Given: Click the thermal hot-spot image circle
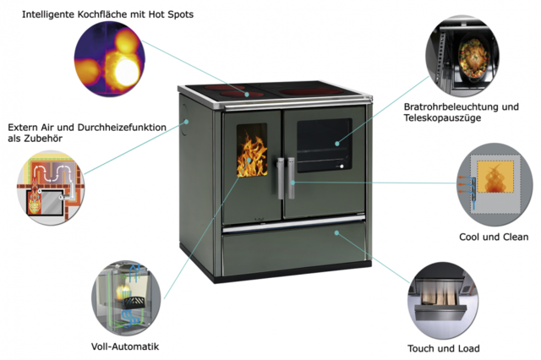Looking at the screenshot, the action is click(x=109, y=58).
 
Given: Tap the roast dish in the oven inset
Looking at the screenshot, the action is click(x=473, y=59).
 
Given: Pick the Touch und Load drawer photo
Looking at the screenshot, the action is click(x=443, y=299).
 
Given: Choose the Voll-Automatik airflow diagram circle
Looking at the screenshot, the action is click(x=126, y=297).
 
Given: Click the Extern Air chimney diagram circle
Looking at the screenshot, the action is click(x=51, y=188).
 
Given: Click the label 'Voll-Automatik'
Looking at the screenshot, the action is click(x=125, y=346).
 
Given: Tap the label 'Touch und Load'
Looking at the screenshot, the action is click(x=443, y=348).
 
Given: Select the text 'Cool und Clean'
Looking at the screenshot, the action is click(x=494, y=237).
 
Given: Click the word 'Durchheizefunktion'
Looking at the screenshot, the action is click(x=122, y=128).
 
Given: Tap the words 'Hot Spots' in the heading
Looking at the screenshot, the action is click(x=171, y=14).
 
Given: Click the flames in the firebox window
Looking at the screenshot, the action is click(x=252, y=154).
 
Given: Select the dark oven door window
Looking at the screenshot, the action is click(x=325, y=145).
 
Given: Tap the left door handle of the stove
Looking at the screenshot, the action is click(x=281, y=178).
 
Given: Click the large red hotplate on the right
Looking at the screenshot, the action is click(x=312, y=92).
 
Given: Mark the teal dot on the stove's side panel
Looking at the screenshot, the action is click(x=186, y=122).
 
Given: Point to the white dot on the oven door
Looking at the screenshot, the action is click(x=342, y=166).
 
